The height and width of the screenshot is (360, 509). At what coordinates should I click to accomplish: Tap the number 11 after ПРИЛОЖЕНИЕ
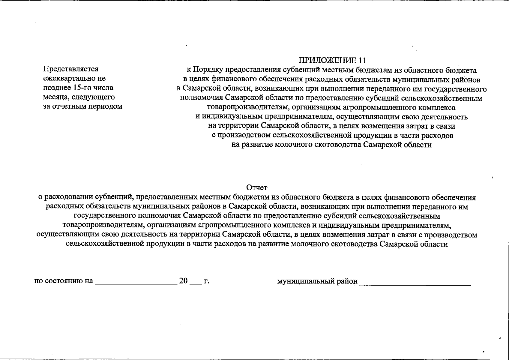coord(362,61)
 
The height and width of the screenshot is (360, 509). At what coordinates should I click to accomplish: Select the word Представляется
coord(71,69)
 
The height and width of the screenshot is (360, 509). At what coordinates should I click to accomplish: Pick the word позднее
coord(57,88)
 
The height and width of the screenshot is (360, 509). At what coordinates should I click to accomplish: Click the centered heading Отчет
coord(256,188)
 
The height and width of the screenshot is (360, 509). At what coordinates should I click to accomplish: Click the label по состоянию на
coord(64,281)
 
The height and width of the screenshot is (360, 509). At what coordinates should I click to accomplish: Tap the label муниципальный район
coord(317,281)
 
